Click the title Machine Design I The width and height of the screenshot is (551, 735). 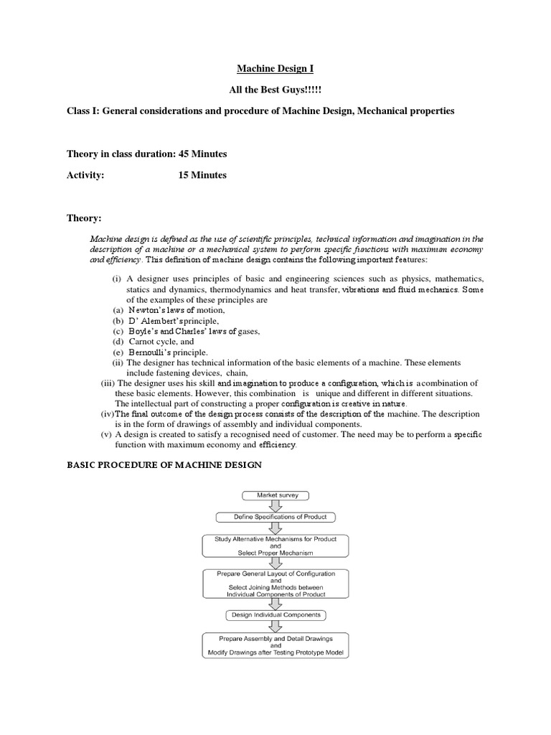(275, 69)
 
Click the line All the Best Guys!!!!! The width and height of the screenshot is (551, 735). (275, 91)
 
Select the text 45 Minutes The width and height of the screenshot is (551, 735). (203, 154)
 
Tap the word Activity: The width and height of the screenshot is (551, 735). (85, 174)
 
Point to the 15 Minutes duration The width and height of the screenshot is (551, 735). (202, 174)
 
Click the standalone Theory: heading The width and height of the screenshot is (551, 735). (84, 217)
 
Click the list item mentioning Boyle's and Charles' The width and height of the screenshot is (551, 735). (193, 332)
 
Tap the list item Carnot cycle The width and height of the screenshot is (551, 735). (161, 342)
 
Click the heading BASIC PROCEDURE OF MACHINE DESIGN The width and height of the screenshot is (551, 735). (164, 465)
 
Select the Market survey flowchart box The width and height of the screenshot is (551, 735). (275, 495)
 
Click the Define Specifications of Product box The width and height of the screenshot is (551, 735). (275, 517)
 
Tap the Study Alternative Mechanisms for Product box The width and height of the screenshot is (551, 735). (275, 546)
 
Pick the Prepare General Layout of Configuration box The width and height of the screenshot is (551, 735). (275, 584)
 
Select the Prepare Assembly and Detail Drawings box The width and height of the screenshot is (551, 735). (275, 645)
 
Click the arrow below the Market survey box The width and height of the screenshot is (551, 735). (275, 505)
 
